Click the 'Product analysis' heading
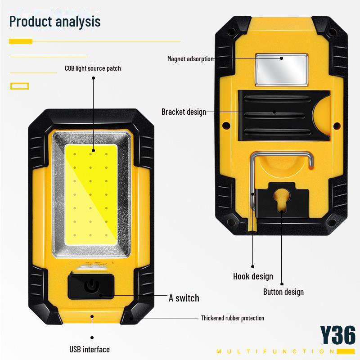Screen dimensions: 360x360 (55, 22)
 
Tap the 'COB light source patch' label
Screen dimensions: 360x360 (93, 68)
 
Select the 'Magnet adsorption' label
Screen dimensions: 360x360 (190, 59)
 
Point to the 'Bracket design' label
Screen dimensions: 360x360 (184, 112)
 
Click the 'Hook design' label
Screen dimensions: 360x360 (253, 276)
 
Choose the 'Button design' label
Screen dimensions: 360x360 (283, 292)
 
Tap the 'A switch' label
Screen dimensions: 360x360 (184, 298)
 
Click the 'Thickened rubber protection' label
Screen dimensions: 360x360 (233, 318)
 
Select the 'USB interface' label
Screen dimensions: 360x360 (90, 350)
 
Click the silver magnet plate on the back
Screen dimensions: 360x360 (282, 70)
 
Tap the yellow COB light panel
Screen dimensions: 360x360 (91, 194)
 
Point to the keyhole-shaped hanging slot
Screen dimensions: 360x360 (282, 200)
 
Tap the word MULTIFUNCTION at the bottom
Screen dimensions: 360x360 (275, 351)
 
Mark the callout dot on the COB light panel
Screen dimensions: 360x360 (94, 151)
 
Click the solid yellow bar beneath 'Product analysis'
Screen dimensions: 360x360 (21, 41)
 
